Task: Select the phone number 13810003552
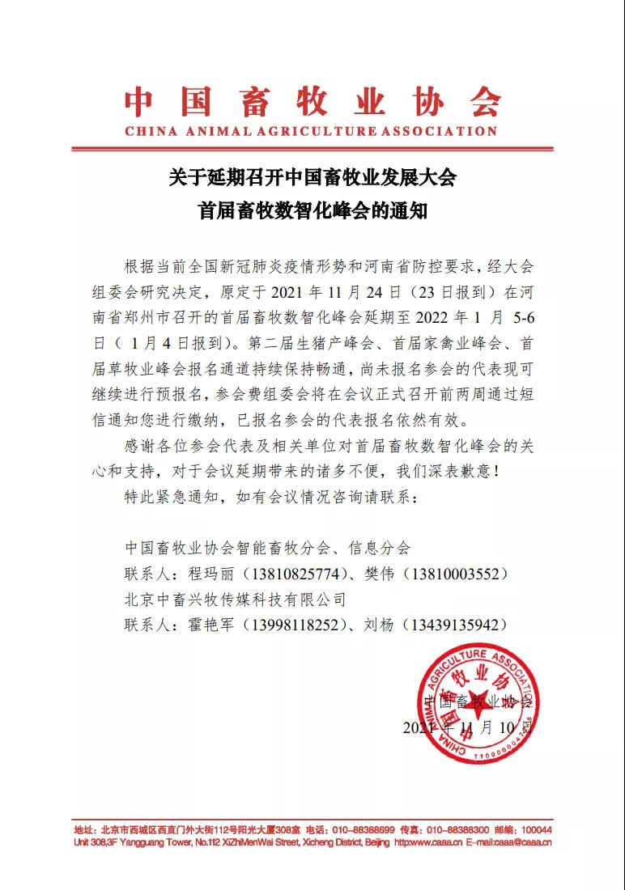tap(459, 574)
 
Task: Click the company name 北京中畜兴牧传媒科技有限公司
tap(236, 600)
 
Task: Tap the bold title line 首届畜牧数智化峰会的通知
tap(312, 211)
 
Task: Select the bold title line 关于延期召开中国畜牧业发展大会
tap(312, 177)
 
